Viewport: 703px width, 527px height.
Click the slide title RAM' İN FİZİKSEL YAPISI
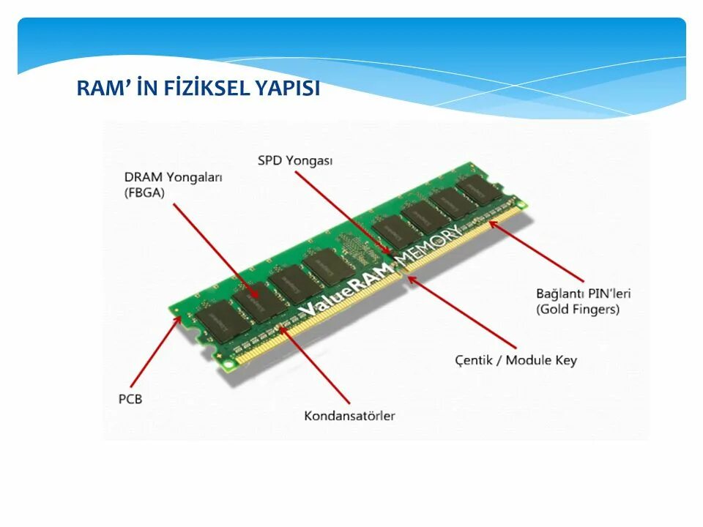(x=198, y=89)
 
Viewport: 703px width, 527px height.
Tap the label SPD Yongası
(x=294, y=160)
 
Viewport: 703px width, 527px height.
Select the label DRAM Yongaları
(x=173, y=177)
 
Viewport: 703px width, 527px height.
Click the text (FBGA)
(x=145, y=193)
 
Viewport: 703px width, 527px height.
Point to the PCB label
(x=130, y=399)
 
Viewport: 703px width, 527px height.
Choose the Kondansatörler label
(x=349, y=416)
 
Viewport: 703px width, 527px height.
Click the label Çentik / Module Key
(x=516, y=360)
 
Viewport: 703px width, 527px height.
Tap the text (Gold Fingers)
(x=577, y=309)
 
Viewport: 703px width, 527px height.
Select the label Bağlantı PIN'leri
(x=583, y=294)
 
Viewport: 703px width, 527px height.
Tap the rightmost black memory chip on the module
(x=480, y=188)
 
